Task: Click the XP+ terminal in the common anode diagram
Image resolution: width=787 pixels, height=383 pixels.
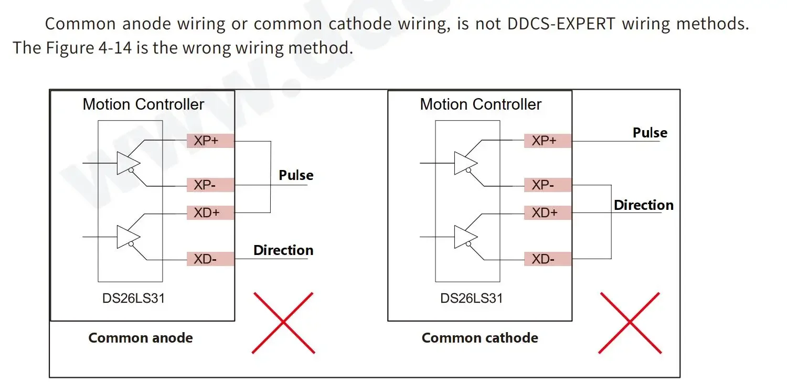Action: (x=210, y=141)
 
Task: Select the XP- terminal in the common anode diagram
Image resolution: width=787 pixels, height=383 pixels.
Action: (x=210, y=185)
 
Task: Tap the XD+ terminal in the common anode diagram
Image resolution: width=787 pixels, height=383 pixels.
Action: (x=210, y=212)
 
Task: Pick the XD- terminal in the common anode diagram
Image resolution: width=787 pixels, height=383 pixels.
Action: (x=210, y=259)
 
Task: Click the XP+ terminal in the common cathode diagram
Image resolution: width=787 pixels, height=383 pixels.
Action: (x=547, y=141)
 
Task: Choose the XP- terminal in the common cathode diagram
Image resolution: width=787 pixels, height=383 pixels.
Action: (x=547, y=185)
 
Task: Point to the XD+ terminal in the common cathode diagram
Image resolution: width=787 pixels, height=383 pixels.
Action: (x=547, y=212)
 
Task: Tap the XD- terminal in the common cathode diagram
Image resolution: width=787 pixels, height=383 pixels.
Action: (x=547, y=259)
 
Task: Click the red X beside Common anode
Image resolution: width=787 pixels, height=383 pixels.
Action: (x=283, y=322)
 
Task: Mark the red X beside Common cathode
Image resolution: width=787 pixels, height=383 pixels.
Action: (x=630, y=322)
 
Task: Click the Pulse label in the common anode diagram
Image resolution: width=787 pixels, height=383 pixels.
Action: (x=296, y=175)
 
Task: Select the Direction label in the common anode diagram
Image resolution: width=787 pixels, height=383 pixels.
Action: (x=283, y=250)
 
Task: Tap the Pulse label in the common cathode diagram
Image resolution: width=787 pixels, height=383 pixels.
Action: (x=650, y=133)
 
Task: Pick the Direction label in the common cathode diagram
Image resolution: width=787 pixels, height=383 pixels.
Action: (x=643, y=205)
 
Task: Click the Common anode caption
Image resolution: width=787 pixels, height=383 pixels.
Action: (x=141, y=338)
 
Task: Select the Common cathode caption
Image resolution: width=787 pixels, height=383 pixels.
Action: (x=480, y=338)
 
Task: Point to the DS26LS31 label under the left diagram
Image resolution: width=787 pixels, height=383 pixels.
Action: (x=134, y=298)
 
